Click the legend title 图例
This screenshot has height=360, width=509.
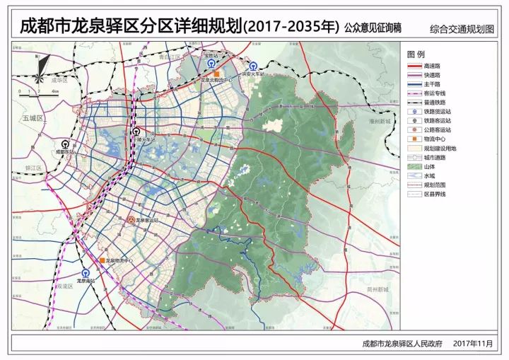click(x=416, y=54)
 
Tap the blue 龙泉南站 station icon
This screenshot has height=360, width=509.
click(x=86, y=273)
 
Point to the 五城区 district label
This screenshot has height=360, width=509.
click(x=33, y=118)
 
